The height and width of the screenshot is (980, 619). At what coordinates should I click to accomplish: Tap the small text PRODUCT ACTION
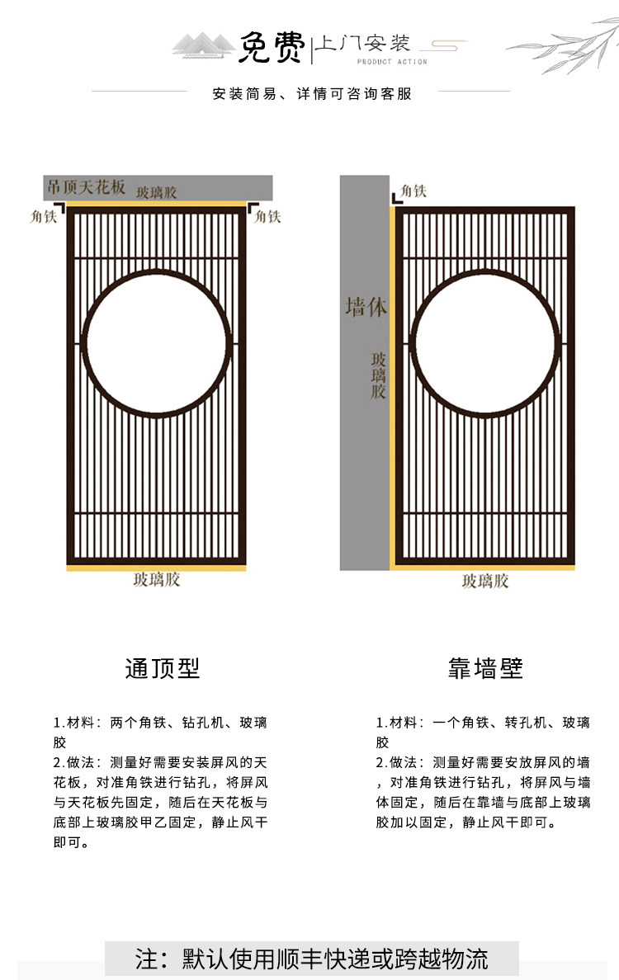click(392, 62)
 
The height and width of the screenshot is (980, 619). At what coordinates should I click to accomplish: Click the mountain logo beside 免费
click(203, 45)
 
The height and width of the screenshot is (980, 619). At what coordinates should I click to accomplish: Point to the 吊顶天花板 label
click(87, 186)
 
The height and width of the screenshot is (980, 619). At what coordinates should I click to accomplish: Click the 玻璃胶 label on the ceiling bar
click(156, 192)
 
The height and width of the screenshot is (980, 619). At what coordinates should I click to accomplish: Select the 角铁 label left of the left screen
click(43, 216)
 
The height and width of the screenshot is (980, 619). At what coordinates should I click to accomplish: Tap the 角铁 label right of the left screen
click(267, 216)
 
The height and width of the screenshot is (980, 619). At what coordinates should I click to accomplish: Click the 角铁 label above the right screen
click(413, 191)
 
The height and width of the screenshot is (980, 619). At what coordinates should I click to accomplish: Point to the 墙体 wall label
click(366, 307)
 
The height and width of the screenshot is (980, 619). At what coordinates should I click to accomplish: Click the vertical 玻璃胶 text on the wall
click(378, 375)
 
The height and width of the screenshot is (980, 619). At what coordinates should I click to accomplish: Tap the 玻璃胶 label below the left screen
click(156, 579)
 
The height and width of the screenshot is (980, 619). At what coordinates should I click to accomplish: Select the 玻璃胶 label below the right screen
click(485, 582)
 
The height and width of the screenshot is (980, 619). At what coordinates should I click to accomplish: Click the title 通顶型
click(163, 668)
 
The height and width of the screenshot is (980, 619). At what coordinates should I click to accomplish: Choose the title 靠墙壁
click(485, 668)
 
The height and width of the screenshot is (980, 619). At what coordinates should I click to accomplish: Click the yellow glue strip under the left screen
click(156, 568)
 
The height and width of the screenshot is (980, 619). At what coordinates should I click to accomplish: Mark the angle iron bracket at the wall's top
click(396, 199)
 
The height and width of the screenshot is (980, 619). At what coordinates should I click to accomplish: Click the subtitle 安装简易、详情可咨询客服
click(312, 94)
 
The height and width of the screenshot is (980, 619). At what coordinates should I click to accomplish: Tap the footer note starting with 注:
click(311, 959)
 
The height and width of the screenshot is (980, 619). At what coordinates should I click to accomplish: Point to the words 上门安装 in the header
click(362, 43)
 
